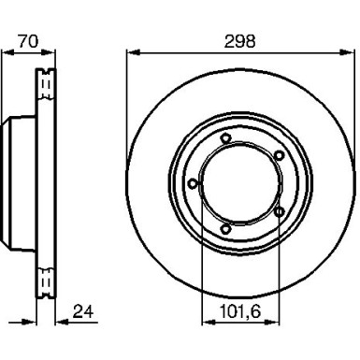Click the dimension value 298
[x=239, y=41]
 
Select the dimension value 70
[x=28, y=41]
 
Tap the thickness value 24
[x=83, y=311]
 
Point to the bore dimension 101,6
[x=240, y=311]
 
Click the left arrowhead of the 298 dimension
[x=133, y=52]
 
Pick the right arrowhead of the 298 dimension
[x=347, y=52]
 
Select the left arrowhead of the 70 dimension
[x=8, y=52]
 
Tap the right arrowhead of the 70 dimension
[x=48, y=52]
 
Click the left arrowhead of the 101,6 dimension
[x=209, y=322]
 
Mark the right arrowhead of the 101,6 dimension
[x=273, y=322]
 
